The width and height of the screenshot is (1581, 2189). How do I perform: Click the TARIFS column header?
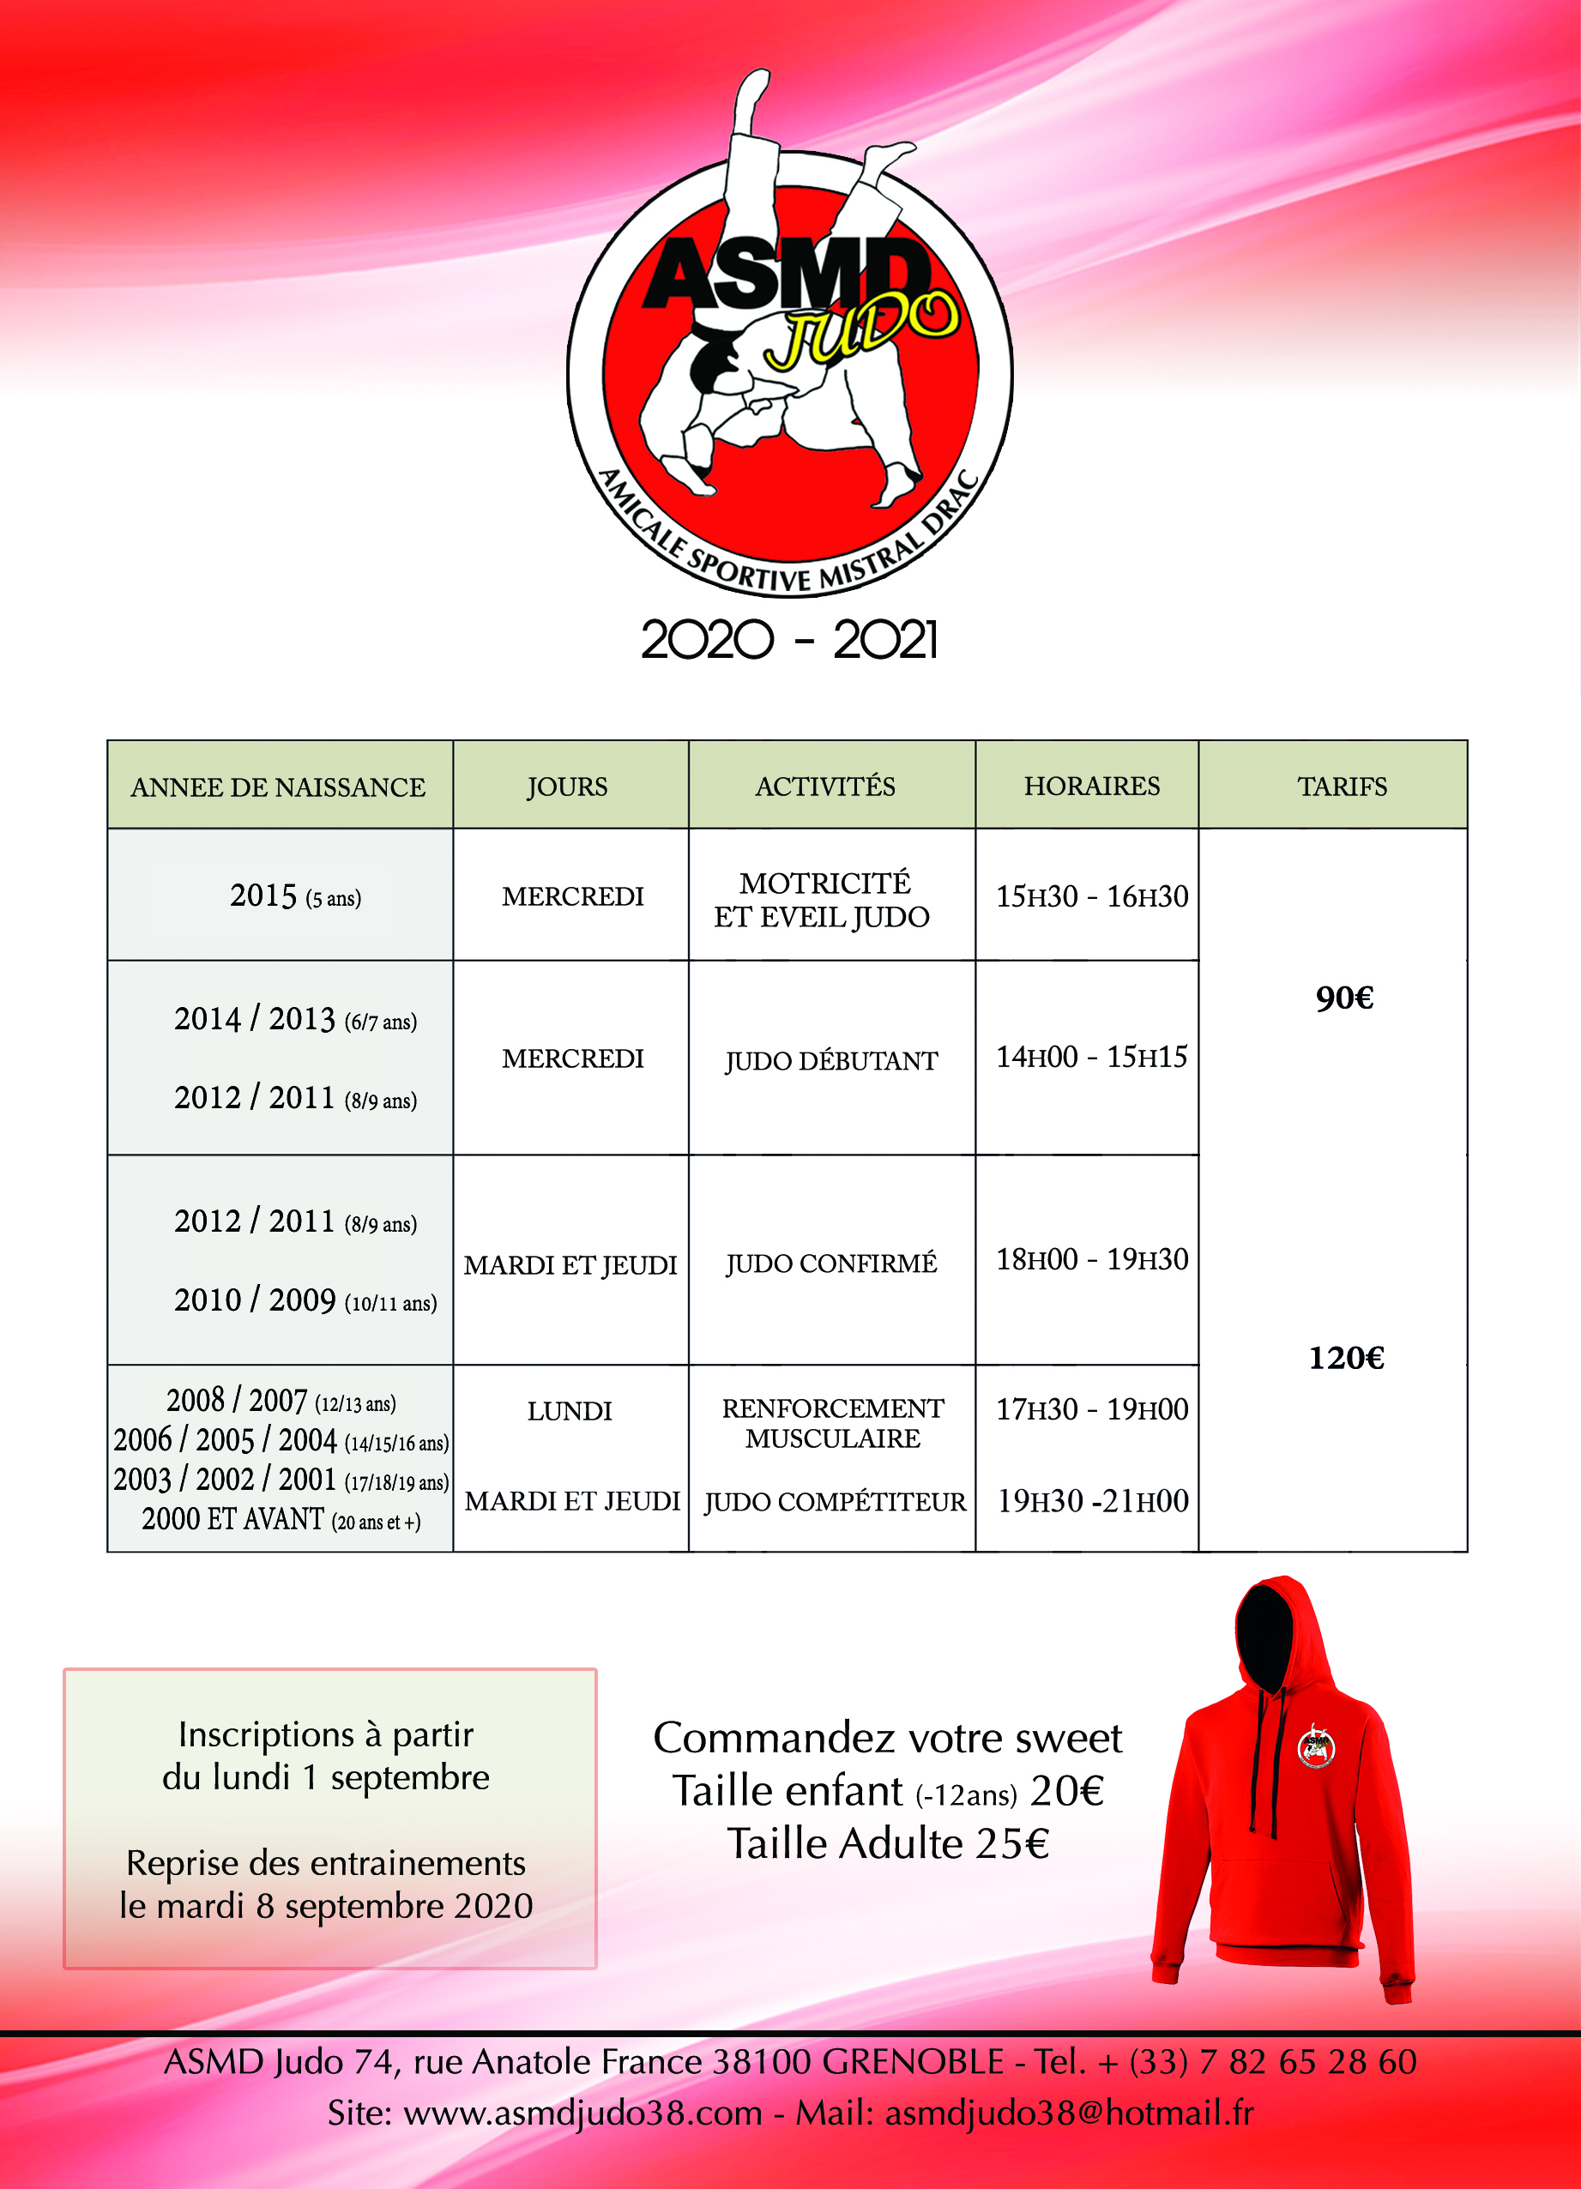[1342, 787]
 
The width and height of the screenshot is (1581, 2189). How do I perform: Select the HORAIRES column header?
[1092, 786]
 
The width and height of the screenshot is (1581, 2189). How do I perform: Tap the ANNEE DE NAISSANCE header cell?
[278, 787]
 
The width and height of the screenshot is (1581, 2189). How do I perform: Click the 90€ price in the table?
[1343, 997]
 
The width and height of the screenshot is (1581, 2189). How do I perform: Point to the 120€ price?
[1345, 1358]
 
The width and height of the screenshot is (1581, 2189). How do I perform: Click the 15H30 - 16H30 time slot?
[1092, 896]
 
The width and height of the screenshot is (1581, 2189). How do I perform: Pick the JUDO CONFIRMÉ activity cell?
[831, 1263]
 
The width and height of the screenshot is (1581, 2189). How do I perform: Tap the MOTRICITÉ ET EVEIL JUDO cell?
[824, 900]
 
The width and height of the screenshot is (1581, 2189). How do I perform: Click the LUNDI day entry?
[570, 1411]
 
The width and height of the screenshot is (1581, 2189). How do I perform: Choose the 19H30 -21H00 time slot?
[1092, 1501]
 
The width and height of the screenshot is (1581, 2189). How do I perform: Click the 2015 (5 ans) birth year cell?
[294, 896]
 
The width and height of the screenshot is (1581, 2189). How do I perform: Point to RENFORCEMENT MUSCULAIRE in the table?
[833, 1423]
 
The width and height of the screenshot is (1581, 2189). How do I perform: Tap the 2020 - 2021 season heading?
[788, 640]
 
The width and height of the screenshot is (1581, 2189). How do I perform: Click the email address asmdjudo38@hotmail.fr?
[1070, 2113]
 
